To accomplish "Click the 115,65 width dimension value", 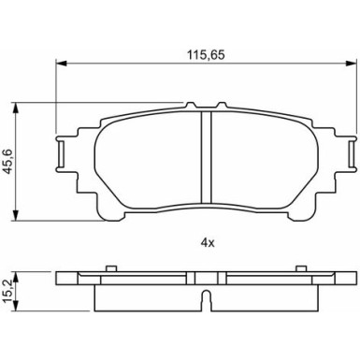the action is [206, 55].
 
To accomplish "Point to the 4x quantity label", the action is [208, 243].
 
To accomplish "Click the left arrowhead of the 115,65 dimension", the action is [61, 64].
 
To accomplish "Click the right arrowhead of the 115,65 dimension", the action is [350, 64].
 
